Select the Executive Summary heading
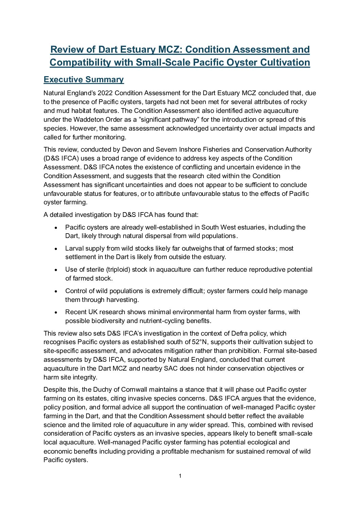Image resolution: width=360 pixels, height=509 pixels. (84, 80)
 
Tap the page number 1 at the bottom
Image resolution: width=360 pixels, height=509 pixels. (180, 476)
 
